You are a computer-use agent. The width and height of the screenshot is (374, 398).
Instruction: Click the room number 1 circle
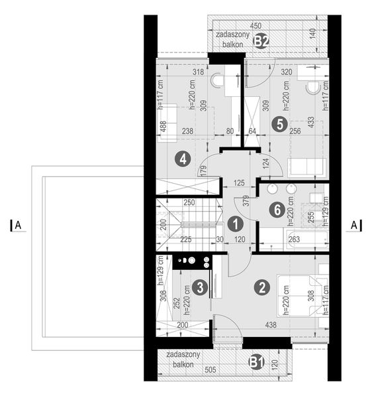[234, 224]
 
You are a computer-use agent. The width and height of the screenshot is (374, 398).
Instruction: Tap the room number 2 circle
[262, 287]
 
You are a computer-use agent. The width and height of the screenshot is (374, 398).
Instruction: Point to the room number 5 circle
[279, 123]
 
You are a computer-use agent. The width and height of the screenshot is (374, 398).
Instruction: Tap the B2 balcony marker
[261, 40]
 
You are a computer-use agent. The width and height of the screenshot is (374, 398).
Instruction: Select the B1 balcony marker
[256, 362]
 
